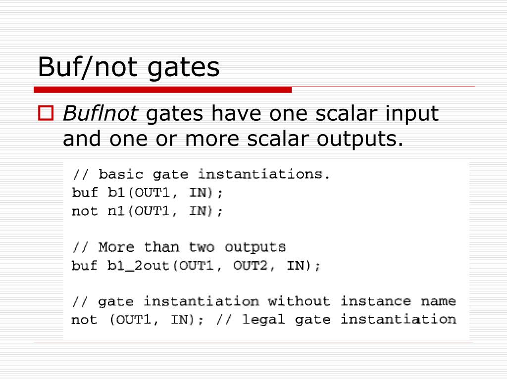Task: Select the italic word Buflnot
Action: (x=101, y=114)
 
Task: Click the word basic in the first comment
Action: (x=121, y=174)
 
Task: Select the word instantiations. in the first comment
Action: (x=264, y=174)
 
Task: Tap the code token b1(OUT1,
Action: (x=139, y=192)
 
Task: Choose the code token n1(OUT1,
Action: (x=139, y=211)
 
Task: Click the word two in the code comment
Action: (x=202, y=246)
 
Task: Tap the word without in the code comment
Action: (x=299, y=301)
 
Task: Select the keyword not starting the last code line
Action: (x=85, y=320)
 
